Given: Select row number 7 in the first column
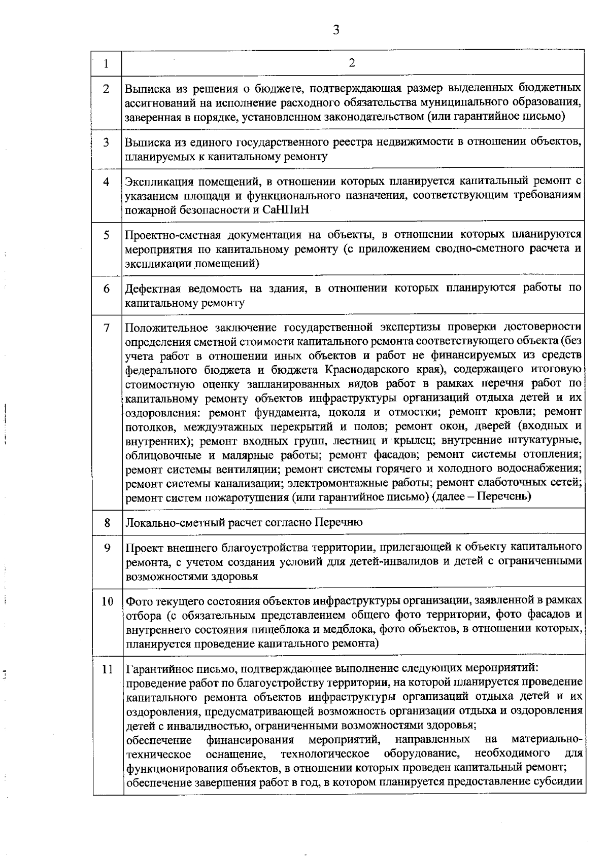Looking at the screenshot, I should click(107, 328).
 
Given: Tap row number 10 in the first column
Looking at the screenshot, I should click(107, 601).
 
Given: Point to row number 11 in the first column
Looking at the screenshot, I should click(107, 669).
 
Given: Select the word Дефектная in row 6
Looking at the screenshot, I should click(153, 289).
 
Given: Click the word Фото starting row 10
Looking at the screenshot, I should click(137, 601).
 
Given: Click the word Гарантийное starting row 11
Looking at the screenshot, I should click(157, 668).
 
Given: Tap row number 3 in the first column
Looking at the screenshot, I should click(107, 142).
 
